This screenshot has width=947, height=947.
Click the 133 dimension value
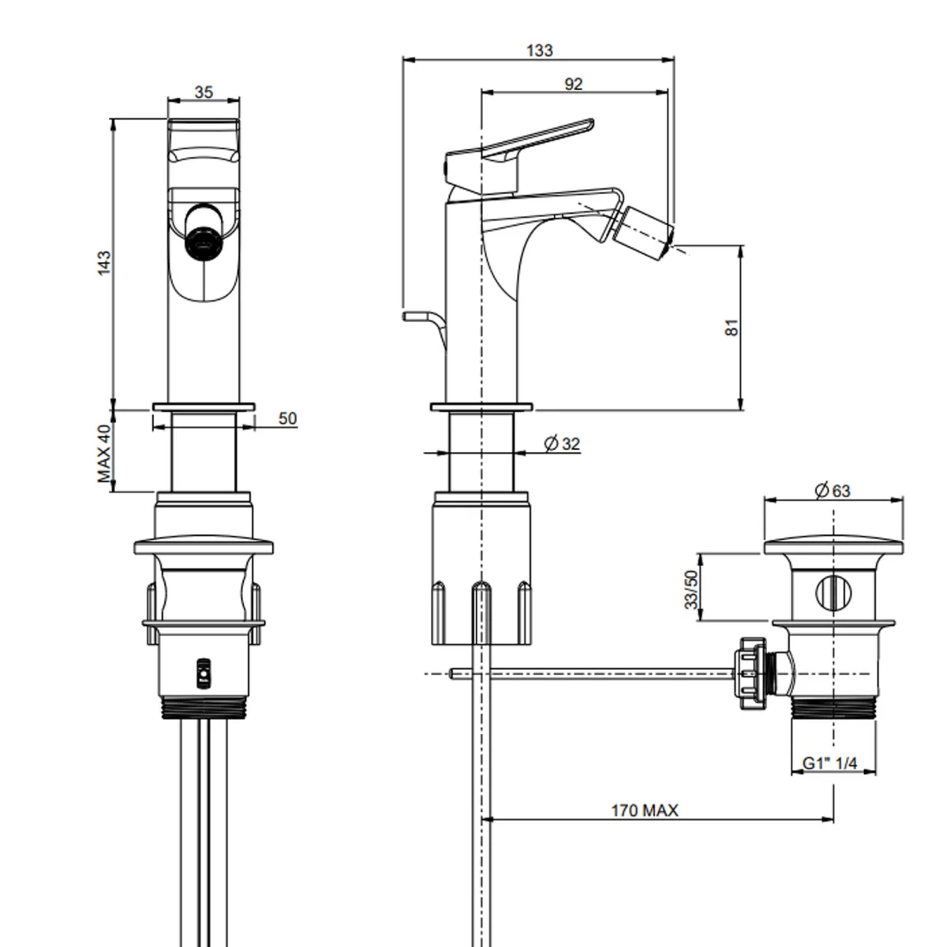[539, 51]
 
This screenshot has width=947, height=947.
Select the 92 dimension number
[574, 84]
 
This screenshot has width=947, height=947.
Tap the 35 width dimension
[204, 92]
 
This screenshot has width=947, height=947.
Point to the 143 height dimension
[104, 263]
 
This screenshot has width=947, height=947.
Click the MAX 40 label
[104, 454]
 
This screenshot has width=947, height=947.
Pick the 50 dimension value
[287, 418]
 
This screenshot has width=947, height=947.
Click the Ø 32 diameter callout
[562, 444]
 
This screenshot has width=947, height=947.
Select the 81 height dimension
[732, 328]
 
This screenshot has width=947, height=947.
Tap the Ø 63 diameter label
[833, 490]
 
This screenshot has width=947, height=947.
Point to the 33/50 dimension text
[691, 590]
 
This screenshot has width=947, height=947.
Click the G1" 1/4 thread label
[830, 763]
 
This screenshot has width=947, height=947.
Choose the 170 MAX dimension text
[644, 810]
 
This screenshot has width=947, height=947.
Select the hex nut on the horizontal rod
[750, 673]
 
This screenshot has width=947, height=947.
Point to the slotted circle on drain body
[833, 593]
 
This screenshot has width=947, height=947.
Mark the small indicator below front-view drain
[203, 673]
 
